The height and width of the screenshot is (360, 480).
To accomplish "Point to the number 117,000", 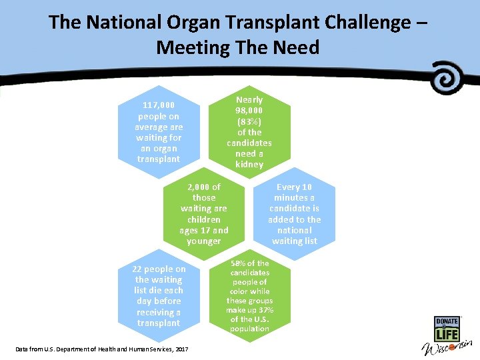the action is click(x=159, y=105).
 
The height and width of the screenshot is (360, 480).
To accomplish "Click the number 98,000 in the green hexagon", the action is click(x=249, y=110).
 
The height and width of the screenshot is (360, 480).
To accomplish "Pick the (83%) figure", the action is click(x=249, y=121).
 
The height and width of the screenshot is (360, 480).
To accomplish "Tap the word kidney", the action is click(x=249, y=164).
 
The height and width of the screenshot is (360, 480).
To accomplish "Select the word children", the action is click(x=204, y=219).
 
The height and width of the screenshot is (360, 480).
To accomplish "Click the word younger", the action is click(x=204, y=241).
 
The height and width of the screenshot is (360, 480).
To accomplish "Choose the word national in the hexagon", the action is click(x=294, y=230).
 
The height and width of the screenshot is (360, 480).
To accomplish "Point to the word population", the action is click(x=249, y=329).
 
